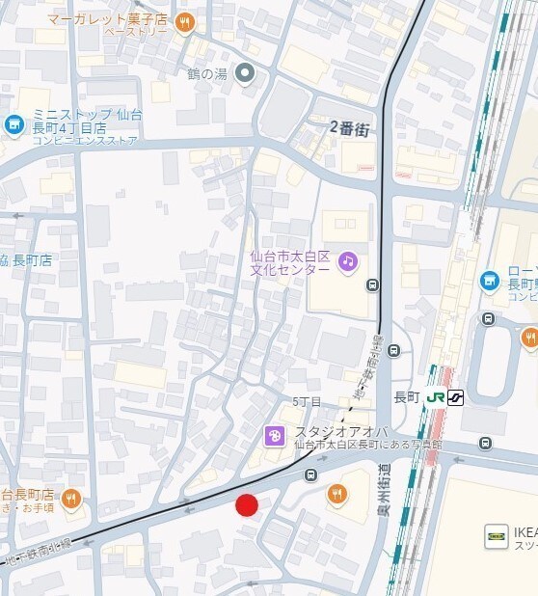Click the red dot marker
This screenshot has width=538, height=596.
tap(248, 505)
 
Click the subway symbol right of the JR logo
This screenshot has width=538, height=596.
tap(454, 396)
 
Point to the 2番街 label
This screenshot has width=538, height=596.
tap(349, 127)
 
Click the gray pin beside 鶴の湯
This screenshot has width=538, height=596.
tap(246, 72)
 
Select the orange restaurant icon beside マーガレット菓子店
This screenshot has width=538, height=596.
tap(184, 22)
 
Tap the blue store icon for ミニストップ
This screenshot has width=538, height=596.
tap(13, 123)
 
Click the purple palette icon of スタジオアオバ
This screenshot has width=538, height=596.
tap(275, 437)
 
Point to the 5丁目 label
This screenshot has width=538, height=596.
tap(307, 400)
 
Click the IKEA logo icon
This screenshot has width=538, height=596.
tap(496, 537)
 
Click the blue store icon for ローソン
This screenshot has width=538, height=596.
tap(490, 281)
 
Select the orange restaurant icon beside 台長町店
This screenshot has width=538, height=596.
tap(69, 500)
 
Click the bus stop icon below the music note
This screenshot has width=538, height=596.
tap(373, 284)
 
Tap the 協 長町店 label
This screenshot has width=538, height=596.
tap(26, 260)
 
